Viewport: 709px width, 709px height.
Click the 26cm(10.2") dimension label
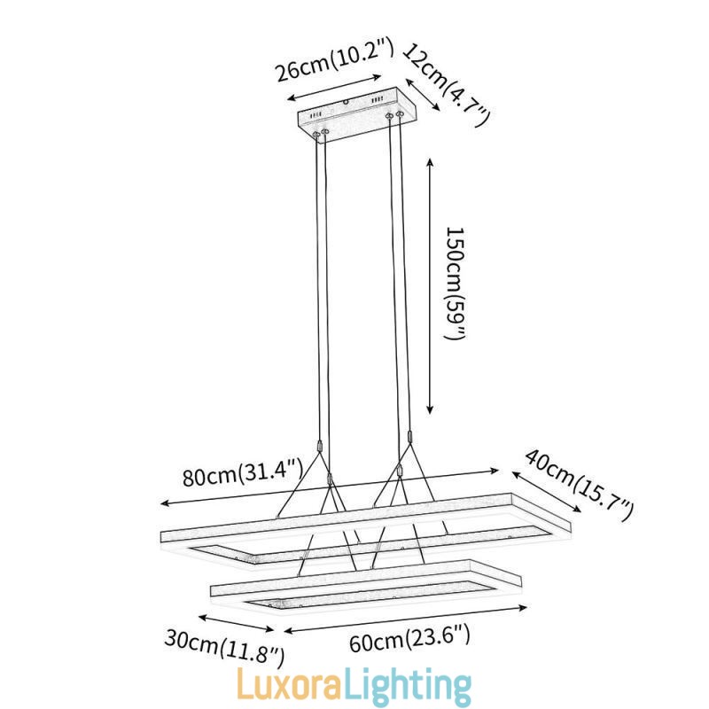tap(335, 60)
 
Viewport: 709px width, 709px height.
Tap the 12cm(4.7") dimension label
tap(447, 84)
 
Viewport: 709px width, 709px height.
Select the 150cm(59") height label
tap(456, 284)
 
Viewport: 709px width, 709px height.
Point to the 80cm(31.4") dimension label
tap(242, 471)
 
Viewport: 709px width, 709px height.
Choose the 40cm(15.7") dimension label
tap(580, 486)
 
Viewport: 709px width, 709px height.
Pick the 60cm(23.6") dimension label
tap(409, 637)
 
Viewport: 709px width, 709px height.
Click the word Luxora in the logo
tap(289, 685)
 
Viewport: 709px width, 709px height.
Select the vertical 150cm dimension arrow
tap(430, 285)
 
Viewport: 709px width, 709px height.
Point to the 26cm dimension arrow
tap(335, 88)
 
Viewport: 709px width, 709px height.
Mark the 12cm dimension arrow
tap(423, 95)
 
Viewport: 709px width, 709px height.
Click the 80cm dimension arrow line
tap(330, 487)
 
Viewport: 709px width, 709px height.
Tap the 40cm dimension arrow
tap(547, 492)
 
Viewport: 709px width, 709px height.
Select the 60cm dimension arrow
tap(406, 619)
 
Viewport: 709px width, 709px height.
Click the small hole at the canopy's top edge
tap(347, 102)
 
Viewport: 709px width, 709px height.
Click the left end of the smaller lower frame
tap(211, 591)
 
